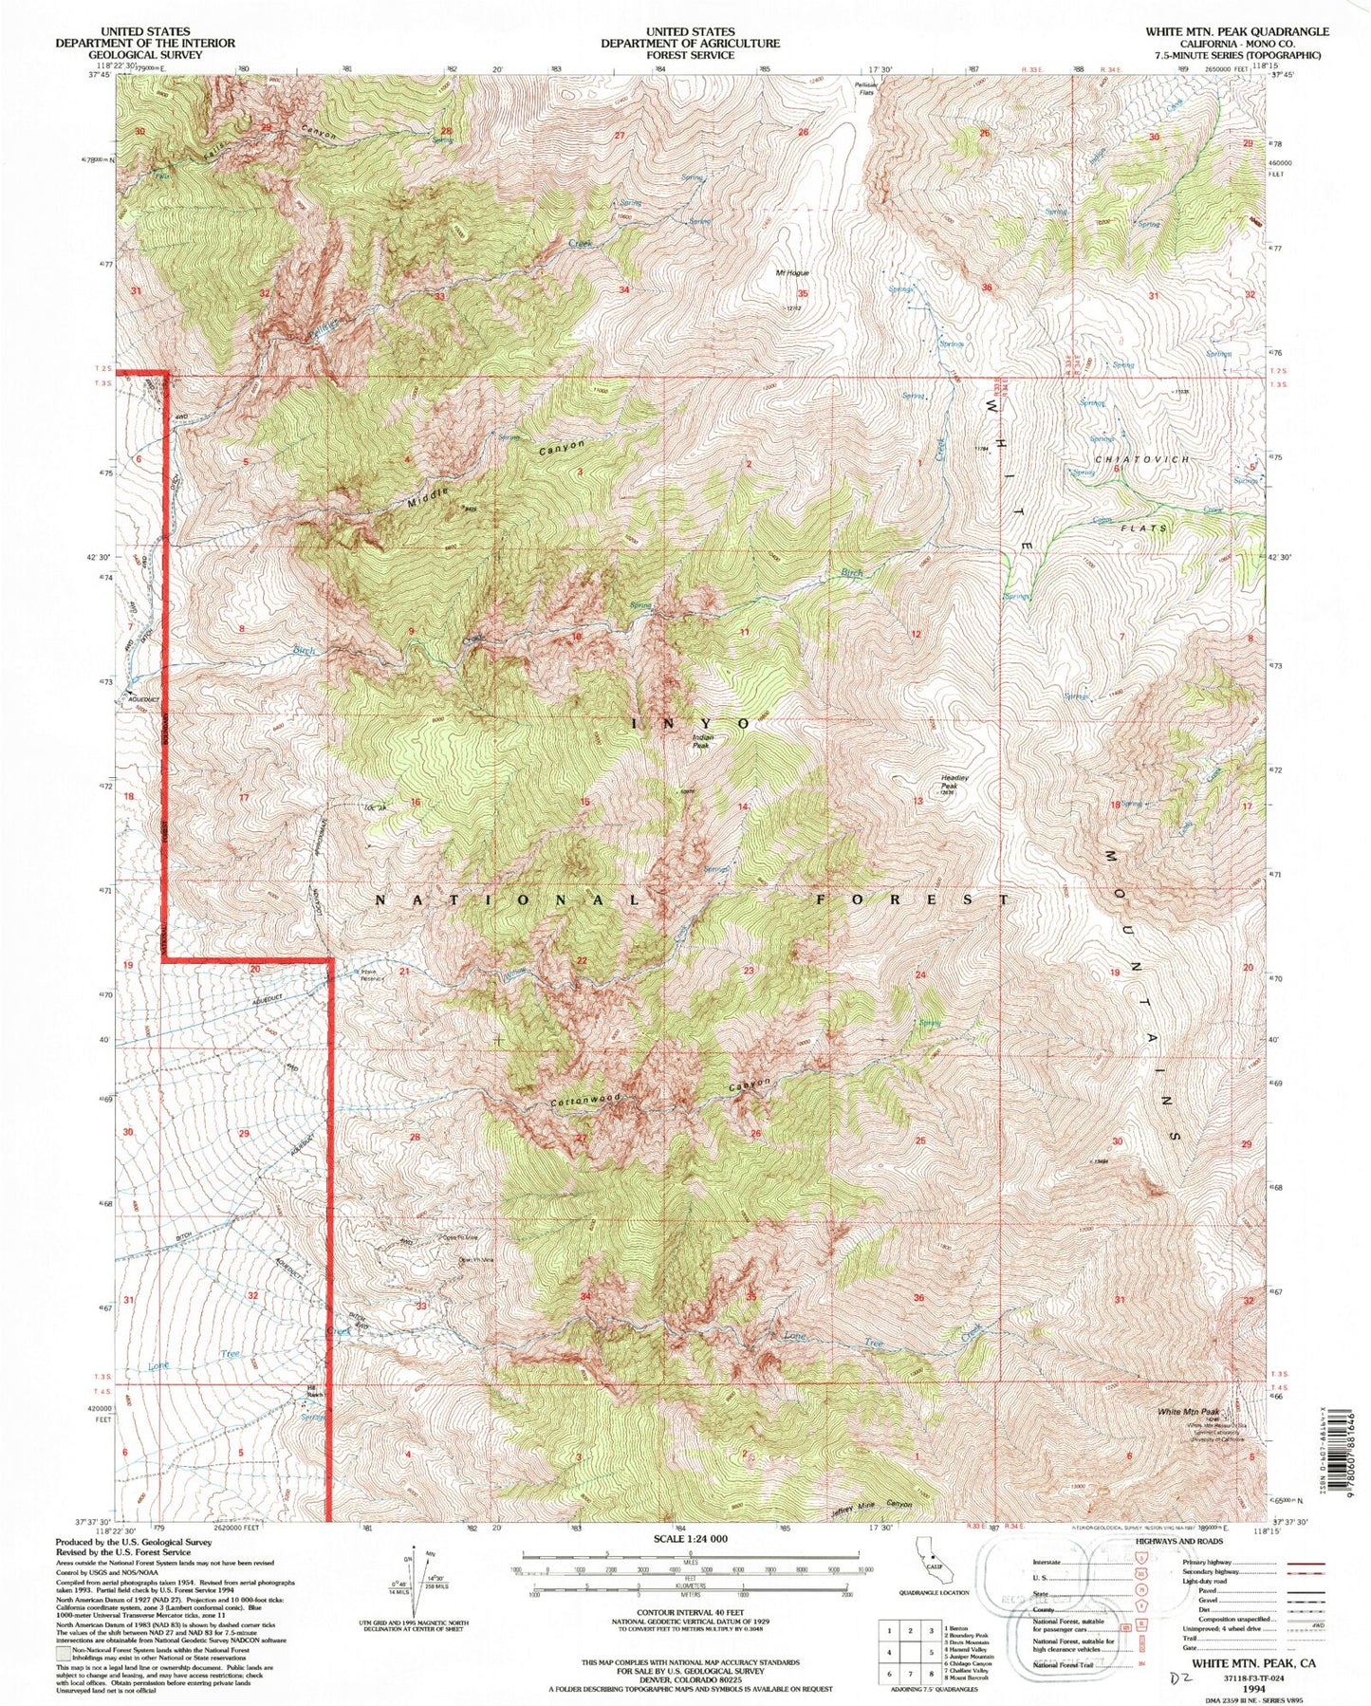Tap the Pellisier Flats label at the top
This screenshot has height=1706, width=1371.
(x=862, y=87)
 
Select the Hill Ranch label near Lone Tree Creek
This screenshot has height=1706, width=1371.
(x=314, y=1394)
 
